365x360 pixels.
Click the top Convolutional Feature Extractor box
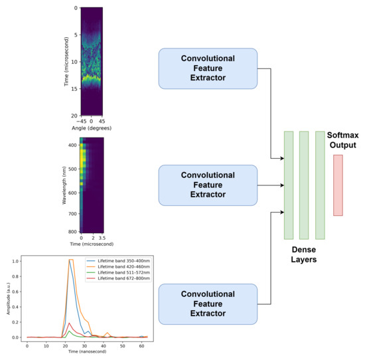207,68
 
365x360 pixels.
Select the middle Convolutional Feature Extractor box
207,185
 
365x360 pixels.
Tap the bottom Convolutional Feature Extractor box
207,304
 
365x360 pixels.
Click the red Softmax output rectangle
338,185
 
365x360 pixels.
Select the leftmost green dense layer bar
289,185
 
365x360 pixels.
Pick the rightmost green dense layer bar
320,185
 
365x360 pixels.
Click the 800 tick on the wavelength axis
72,231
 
